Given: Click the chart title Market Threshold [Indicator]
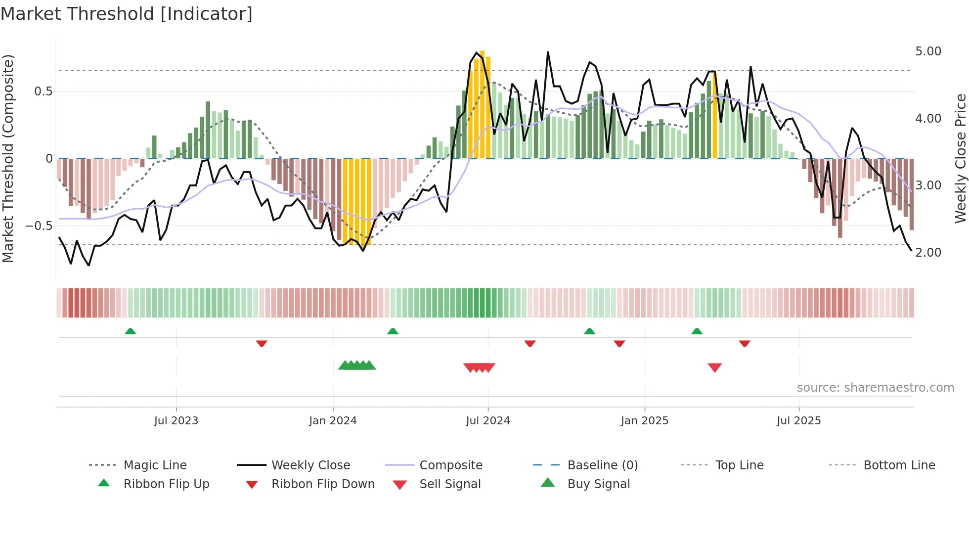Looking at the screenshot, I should click(127, 14).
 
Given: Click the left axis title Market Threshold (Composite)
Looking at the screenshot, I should click(8, 158).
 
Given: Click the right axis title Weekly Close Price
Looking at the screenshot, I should click(960, 158).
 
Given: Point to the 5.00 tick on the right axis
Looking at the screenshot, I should click(928, 51).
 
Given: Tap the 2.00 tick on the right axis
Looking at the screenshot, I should click(928, 253).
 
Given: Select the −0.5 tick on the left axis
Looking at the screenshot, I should click(39, 226).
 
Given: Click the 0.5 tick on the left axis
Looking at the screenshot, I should click(43, 91).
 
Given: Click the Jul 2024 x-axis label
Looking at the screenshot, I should click(487, 421).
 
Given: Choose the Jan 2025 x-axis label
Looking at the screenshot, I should click(644, 421).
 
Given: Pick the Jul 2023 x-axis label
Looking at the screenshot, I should click(176, 421).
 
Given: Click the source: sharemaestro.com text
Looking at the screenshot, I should click(875, 388).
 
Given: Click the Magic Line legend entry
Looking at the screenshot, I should click(155, 465).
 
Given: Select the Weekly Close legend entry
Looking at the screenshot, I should click(310, 465).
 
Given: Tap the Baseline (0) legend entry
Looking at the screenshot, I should click(602, 465).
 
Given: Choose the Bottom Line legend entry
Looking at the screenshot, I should click(899, 465).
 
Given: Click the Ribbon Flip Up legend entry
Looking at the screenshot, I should click(166, 484).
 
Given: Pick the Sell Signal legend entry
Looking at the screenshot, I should click(450, 484).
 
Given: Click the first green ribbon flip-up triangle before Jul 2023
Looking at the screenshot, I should click(131, 331).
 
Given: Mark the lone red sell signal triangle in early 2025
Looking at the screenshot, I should click(715, 367).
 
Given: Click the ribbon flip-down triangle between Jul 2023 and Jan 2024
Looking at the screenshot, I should click(262, 343).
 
